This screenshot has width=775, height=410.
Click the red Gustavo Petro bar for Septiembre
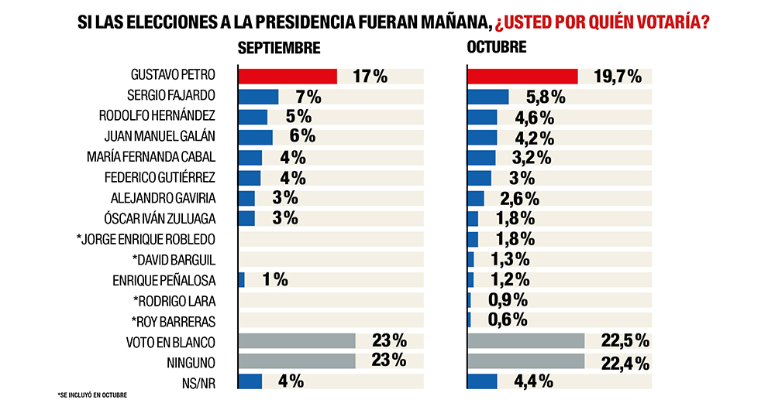(x=287, y=76)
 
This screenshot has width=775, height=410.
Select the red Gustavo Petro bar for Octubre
(x=522, y=76)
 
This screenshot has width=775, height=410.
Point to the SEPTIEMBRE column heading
(x=279, y=48)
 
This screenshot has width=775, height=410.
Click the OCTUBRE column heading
(x=497, y=47)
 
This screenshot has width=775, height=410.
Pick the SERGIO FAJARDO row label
(x=170, y=96)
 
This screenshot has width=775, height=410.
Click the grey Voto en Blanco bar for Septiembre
(x=297, y=340)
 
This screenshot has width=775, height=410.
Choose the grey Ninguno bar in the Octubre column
(x=525, y=360)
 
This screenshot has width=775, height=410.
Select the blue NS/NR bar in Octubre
(x=482, y=381)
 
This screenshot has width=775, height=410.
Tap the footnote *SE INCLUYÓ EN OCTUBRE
(x=92, y=396)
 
